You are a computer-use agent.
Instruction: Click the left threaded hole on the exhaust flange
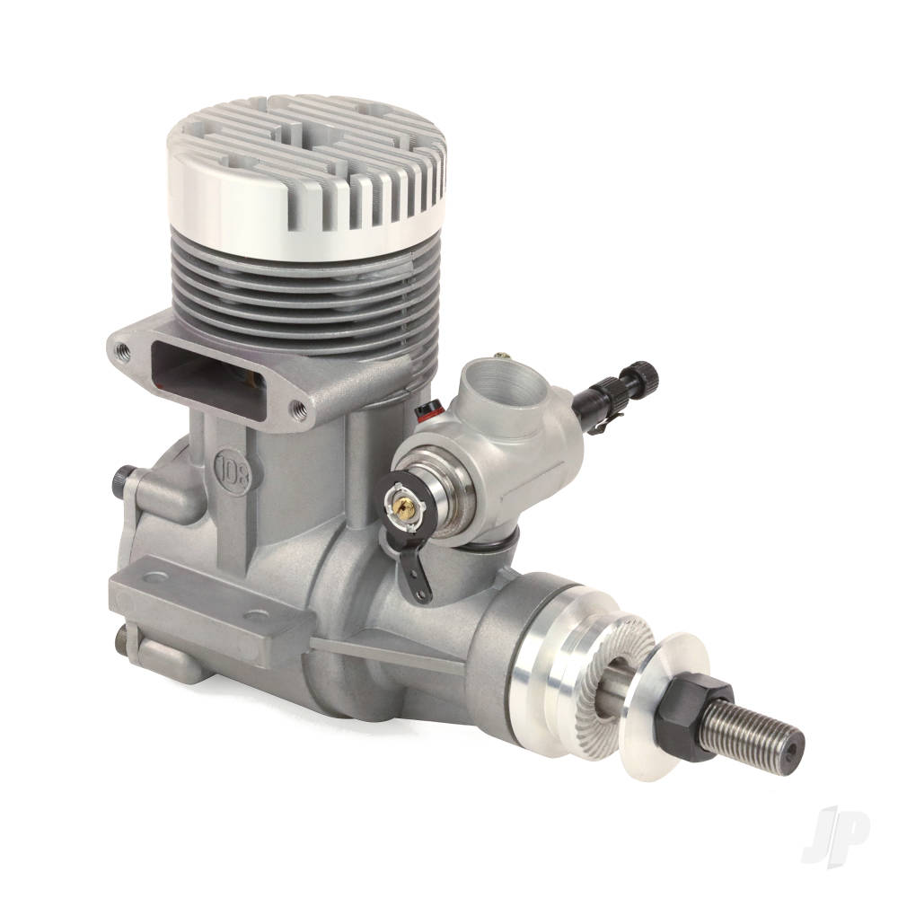122,350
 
